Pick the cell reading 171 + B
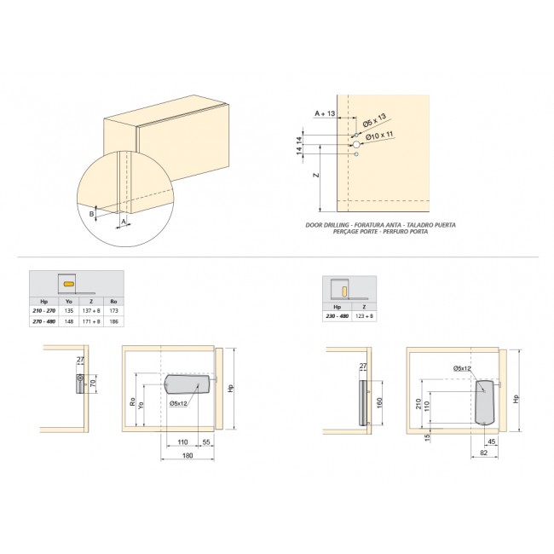pos(90,322)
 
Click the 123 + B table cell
pos(365,316)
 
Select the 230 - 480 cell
pos(338,316)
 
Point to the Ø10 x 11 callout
pos(378,136)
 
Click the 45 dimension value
pos(492,441)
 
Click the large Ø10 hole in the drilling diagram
pos(355,146)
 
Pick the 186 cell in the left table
pos(113,322)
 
